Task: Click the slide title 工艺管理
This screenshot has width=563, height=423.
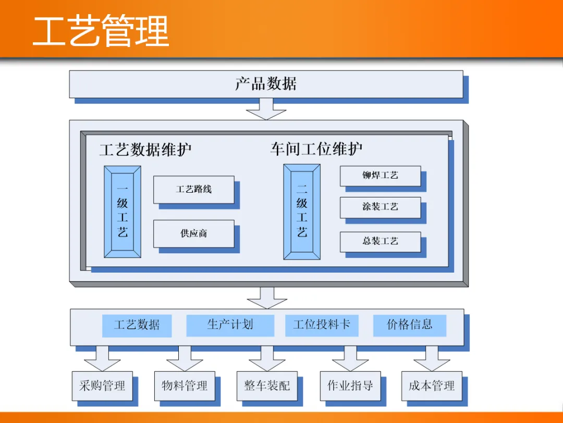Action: [101, 31]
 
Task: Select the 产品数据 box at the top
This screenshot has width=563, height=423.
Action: [266, 84]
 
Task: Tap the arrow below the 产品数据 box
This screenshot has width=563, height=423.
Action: [266, 109]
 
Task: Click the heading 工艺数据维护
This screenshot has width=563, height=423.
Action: [145, 150]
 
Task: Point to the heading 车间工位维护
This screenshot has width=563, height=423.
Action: [316, 149]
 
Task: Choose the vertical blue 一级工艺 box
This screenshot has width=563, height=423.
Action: [123, 211]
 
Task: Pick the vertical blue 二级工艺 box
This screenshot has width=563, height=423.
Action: [302, 211]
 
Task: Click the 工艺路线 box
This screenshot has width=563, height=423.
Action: [193, 189]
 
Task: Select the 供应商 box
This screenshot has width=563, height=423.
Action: [193, 233]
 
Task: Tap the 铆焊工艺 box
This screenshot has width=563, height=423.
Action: [380, 175]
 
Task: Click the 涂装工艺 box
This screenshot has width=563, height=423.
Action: [380, 207]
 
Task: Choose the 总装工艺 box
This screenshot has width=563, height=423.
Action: [380, 241]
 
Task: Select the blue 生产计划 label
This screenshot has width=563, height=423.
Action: [230, 325]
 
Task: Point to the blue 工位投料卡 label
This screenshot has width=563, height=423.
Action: [321, 325]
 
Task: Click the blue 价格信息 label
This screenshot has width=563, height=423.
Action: [409, 325]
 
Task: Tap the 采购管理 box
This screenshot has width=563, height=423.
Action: [102, 386]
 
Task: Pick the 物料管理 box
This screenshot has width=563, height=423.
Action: [185, 386]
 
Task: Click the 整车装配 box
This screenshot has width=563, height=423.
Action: [267, 386]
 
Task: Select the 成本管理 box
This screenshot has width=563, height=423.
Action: [432, 386]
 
